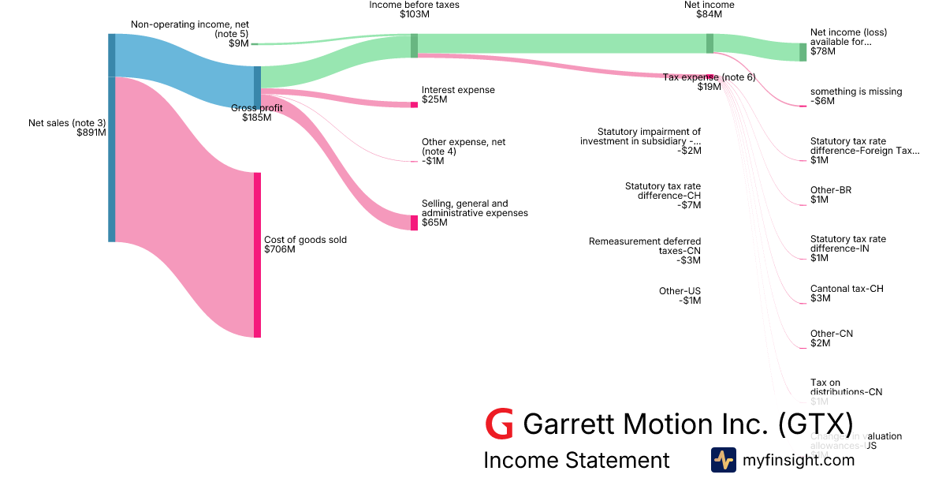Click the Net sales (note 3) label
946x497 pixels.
pos(66,128)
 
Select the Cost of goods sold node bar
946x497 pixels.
pos(257,255)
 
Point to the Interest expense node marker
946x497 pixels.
pos(414,104)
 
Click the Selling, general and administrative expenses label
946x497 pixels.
pos(474,213)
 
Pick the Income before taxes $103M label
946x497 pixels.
pos(414,9)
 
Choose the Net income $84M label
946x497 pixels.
pos(709,9)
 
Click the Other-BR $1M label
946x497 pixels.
pos(830,195)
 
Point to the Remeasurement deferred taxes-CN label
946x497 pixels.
pos(645,251)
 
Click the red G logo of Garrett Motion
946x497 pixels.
pos(499,424)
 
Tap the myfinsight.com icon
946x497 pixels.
pos(723,460)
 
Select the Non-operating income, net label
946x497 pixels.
pos(189,29)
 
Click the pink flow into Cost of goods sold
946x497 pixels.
pos(185,237)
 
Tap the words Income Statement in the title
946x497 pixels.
pos(576,461)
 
